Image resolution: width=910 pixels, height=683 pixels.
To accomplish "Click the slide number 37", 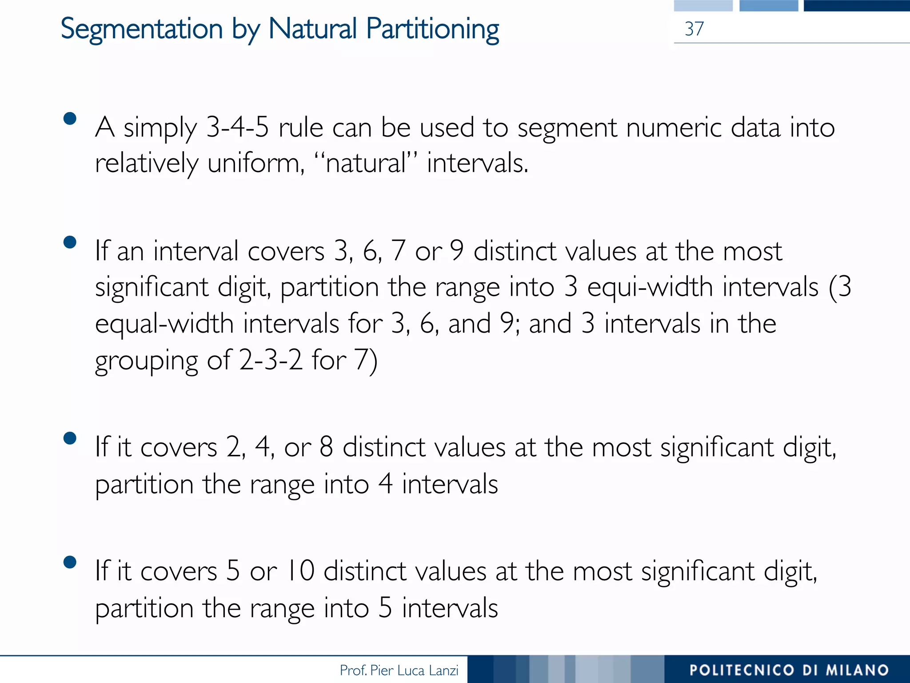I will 694,29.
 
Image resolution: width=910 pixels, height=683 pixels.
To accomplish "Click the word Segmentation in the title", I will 141,29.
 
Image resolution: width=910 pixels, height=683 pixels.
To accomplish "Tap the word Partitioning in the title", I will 432,29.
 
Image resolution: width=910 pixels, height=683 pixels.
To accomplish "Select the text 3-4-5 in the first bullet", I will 238,128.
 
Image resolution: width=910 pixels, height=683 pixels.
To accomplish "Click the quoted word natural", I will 366,163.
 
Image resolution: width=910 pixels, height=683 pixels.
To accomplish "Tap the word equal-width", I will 164,323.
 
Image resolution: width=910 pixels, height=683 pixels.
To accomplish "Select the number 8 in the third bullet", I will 326,447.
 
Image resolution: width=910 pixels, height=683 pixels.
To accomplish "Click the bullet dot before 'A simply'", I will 70,119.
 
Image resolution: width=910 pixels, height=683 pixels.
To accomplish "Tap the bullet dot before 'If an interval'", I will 70,242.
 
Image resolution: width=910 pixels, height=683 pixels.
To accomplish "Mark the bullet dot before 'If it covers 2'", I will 70,438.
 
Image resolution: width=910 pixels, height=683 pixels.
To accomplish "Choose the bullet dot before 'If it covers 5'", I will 70,562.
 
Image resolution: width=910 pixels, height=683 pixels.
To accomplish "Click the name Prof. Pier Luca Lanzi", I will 399,670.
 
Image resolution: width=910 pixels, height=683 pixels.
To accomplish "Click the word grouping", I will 146,360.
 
